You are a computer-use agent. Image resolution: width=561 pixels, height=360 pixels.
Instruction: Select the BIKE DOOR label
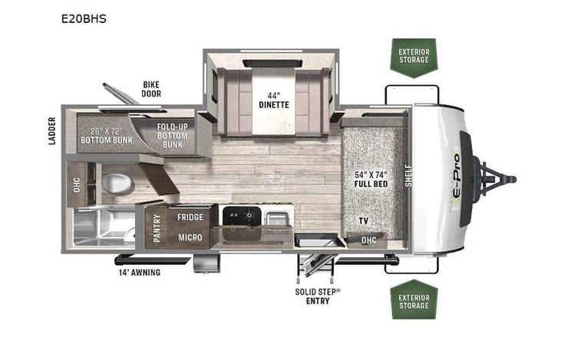pos(150,89)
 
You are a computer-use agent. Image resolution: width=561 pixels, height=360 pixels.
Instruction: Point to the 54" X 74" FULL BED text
pos(370,179)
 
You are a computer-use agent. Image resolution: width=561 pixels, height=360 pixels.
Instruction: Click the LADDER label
pos(52,131)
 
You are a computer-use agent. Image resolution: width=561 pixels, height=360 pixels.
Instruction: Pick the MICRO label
pos(189,238)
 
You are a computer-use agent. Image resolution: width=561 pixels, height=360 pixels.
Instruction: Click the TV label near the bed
pos(362,221)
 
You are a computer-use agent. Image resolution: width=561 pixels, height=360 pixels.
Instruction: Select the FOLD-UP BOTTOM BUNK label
pos(173,134)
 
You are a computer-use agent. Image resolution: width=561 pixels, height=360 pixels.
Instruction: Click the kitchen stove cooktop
pos(240,216)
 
